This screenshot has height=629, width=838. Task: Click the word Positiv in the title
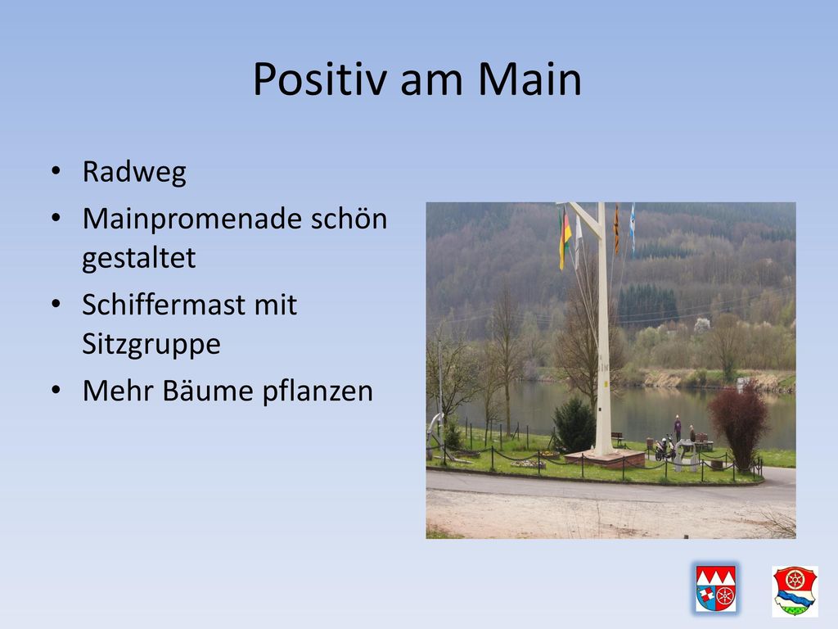pos(320,79)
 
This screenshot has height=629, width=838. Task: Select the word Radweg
pos(134,173)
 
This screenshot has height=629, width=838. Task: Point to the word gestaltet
pos(139,258)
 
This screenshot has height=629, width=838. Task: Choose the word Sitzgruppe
pos(151,344)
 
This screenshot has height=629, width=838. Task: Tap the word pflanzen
pos(318,391)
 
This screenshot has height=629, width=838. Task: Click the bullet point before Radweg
pos(56,172)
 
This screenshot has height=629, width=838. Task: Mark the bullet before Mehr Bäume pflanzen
pos(56,390)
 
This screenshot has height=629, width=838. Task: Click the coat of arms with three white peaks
pos(716,589)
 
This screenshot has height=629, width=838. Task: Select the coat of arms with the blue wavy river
pos(795,591)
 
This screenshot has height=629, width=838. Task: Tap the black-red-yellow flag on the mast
pos(565,238)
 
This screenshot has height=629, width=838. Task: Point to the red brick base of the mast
pos(605,459)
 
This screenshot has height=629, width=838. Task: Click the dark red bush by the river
pos(739,425)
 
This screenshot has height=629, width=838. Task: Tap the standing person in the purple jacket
pos(678,428)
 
